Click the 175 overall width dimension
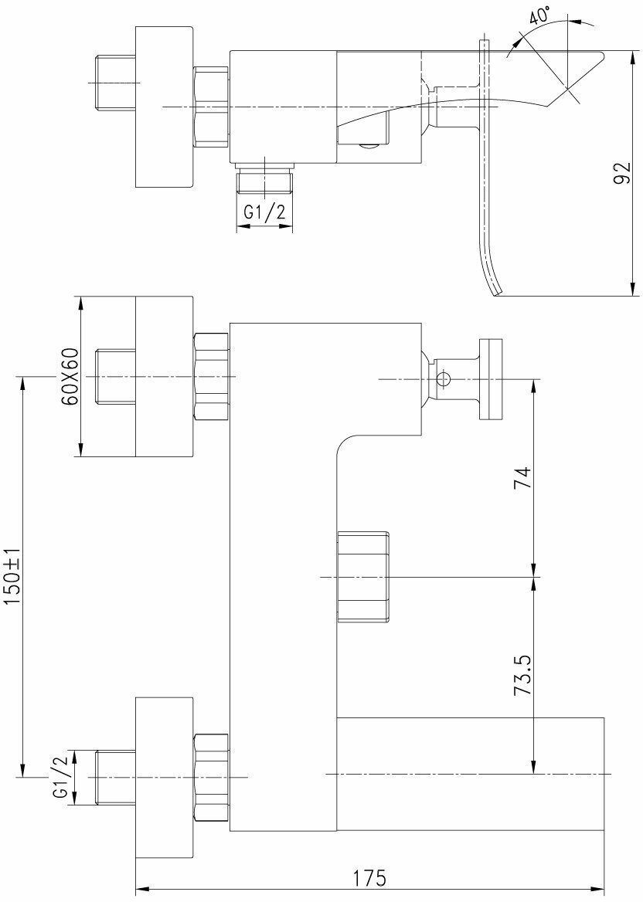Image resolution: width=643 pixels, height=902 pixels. click(x=369, y=879)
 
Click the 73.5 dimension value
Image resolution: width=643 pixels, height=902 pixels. click(x=523, y=676)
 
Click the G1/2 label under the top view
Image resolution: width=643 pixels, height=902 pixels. click(x=264, y=212)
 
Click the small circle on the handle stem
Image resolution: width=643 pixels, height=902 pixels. click(x=443, y=378)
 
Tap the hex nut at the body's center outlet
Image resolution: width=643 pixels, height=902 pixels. click(x=362, y=576)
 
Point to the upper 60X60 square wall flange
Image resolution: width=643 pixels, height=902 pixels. click(x=163, y=376)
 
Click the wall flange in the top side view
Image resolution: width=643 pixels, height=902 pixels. click(x=163, y=106)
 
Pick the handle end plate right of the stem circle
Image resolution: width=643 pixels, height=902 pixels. click(x=490, y=378)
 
